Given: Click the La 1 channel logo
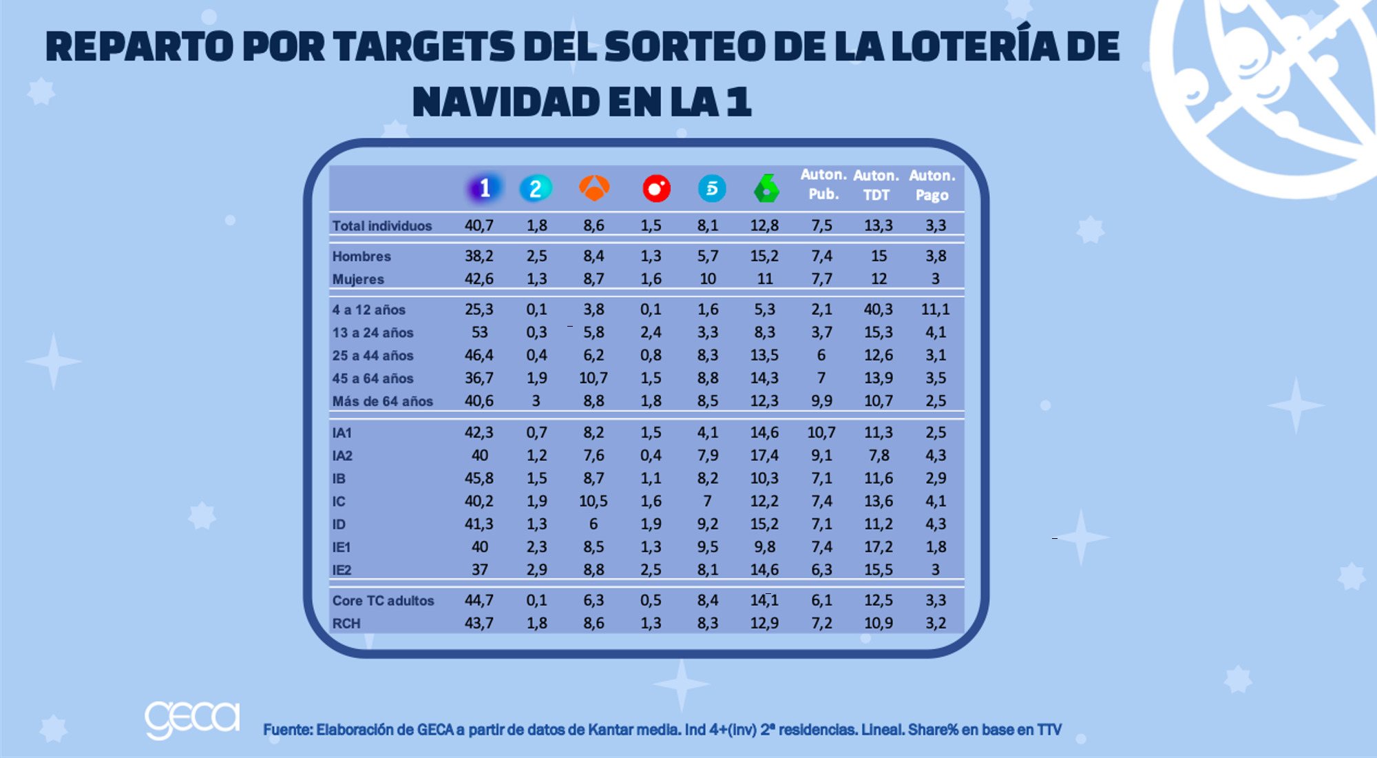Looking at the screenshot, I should (484, 188).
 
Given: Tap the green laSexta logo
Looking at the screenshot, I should (766, 188).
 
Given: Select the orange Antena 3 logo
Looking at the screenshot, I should (594, 187).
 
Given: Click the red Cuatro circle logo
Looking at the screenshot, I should (656, 188).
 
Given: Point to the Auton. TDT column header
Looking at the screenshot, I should (876, 185).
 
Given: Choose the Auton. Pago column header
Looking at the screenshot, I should (932, 185).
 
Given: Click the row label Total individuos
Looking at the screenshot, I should (382, 226).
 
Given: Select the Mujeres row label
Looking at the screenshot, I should (358, 279).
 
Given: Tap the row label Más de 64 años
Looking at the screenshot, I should (383, 401).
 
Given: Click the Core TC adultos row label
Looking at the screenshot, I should (383, 600).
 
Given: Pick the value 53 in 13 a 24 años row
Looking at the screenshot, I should (479, 332).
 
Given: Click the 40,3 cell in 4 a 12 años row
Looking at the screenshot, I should (879, 309).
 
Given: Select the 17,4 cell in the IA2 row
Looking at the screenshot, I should (764, 455).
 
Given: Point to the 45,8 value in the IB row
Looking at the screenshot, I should (479, 478).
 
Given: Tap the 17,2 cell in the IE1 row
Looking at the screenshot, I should (879, 547).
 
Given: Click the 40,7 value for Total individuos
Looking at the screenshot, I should (479, 225).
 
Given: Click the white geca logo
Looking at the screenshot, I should (192, 719).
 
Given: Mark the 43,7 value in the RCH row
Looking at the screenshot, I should (479, 623).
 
